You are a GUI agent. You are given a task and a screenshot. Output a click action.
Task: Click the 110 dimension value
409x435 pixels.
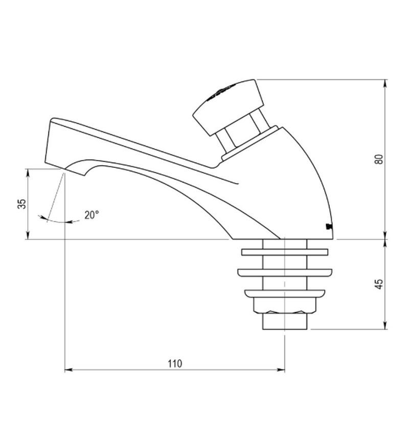pos(174,364)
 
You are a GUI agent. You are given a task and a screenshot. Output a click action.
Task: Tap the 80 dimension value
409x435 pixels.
pos(379,159)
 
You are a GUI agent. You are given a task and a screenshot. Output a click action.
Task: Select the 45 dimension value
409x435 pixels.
pos(379,285)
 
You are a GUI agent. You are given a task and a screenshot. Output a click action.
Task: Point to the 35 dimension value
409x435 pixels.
pos(21,204)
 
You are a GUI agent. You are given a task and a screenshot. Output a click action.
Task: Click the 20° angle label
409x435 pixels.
pos(92,215)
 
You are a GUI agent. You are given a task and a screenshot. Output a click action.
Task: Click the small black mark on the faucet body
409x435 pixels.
pos(328,226)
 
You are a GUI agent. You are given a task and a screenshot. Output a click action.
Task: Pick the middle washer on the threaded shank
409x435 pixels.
pos(284,272)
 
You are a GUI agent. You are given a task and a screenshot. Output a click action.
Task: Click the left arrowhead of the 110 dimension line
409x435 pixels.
pos(67,369)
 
